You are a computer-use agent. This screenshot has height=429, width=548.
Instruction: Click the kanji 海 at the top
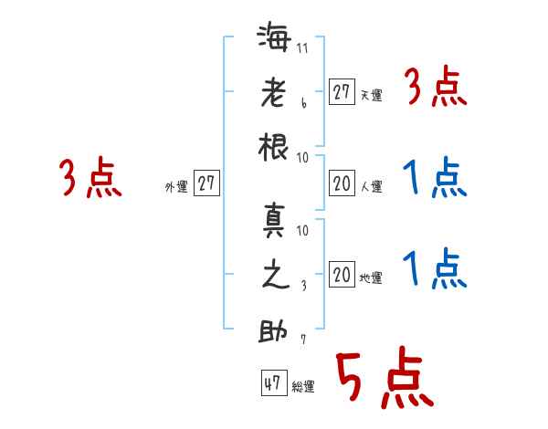pos(275,41)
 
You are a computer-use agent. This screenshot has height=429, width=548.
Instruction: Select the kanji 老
pos(275,94)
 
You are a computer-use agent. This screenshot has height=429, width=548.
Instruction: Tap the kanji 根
pos(275,146)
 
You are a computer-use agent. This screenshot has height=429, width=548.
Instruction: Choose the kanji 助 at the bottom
pos(275,330)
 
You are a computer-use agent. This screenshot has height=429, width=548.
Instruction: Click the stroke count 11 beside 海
pos(302,48)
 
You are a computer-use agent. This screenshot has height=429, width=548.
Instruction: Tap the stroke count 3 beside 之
pos(302,286)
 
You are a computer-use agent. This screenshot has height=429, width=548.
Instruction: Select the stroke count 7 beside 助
pos(302,339)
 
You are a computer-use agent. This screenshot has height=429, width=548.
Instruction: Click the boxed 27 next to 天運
pos(342,92)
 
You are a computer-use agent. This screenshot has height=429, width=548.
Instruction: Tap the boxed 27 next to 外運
pos(206,183)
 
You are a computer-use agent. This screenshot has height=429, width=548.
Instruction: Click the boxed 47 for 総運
pos(272,383)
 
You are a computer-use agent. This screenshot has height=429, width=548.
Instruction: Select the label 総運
pos(303,387)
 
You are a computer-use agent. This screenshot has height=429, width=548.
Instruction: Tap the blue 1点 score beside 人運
pos(435,178)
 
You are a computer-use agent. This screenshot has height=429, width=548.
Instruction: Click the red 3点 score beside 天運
pos(435,89)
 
